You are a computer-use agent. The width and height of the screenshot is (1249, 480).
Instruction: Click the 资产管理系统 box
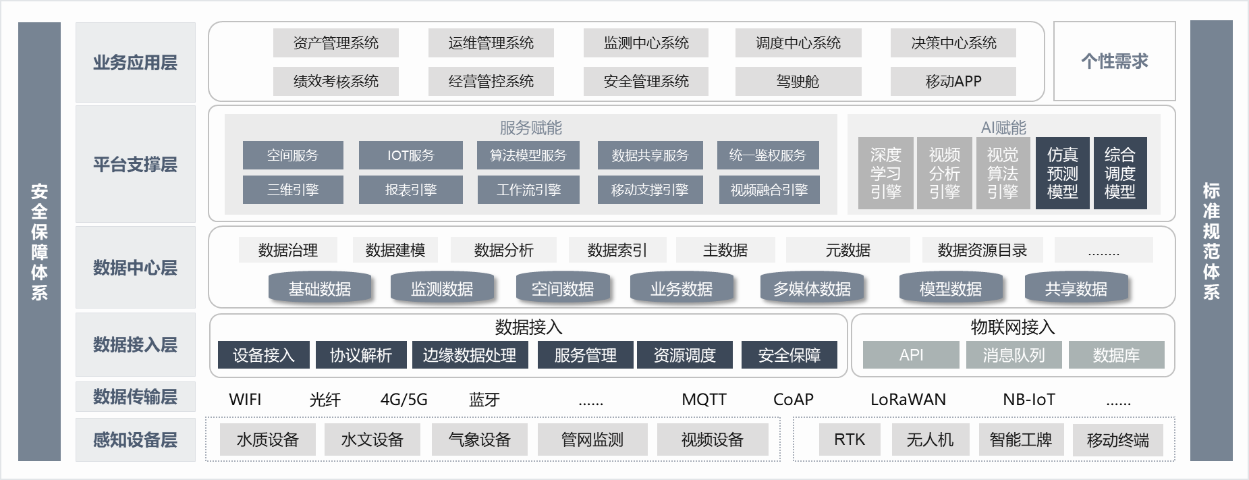coord(335,43)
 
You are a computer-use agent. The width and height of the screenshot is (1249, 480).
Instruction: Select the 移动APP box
coord(953,82)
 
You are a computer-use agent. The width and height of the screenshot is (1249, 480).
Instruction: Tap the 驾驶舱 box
coord(798,82)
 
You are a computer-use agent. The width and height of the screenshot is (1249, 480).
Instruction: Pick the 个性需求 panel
coord(1114,61)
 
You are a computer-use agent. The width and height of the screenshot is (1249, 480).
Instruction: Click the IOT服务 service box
coord(410,155)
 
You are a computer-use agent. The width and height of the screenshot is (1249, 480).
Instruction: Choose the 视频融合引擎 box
coord(769,190)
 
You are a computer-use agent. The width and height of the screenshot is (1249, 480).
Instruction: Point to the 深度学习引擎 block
coord(885,173)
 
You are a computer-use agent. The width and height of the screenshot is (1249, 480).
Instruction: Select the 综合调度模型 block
coord(1119,173)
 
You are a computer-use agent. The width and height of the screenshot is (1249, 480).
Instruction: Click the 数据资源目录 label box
coord(982,250)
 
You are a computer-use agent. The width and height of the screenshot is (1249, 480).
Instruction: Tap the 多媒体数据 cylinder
coord(812,289)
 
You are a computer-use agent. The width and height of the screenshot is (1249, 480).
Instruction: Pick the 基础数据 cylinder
coord(320,289)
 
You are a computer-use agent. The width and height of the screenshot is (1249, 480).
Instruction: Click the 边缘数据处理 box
coord(469,355)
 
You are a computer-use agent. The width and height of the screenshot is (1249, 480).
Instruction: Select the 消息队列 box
coord(1014,355)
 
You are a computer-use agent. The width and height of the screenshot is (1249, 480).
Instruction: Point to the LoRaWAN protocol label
coord(908,400)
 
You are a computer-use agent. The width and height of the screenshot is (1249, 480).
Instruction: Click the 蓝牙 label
coord(484,400)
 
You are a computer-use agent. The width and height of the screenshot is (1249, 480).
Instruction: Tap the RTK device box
coord(849,440)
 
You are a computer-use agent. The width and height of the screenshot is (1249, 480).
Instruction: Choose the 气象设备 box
coord(479,440)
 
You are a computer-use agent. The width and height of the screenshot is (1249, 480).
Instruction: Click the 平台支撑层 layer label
coord(135,164)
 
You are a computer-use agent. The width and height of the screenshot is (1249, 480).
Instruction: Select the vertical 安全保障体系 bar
coord(39,241)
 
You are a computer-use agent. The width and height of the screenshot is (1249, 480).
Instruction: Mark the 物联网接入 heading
coord(1012,327)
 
